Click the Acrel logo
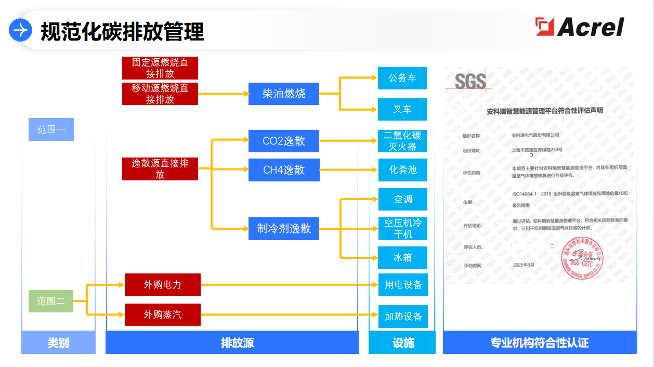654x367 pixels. tap(580, 27)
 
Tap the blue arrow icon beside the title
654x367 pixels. tap(21, 31)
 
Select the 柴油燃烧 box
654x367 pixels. tap(283, 94)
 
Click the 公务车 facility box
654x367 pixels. tap(402, 78)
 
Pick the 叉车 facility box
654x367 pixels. tap(402, 109)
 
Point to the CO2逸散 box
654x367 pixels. tap(283, 141)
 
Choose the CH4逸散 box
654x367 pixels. tap(283, 170)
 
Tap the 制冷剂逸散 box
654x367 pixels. tap(283, 228)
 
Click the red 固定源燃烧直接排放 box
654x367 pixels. tap(160, 68)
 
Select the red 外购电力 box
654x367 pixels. tap(162, 285)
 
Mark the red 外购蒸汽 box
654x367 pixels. tap(162, 314)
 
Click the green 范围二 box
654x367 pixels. tap(50, 301)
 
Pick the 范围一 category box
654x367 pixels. tap(50, 129)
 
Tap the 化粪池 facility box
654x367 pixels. tap(402, 170)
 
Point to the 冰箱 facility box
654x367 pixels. tap(402, 258)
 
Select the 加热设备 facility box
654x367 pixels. tap(402, 317)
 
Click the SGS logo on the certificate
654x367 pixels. tap(470, 81)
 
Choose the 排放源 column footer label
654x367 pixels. tap(232, 343)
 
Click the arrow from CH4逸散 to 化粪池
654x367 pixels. tap(348, 170)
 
